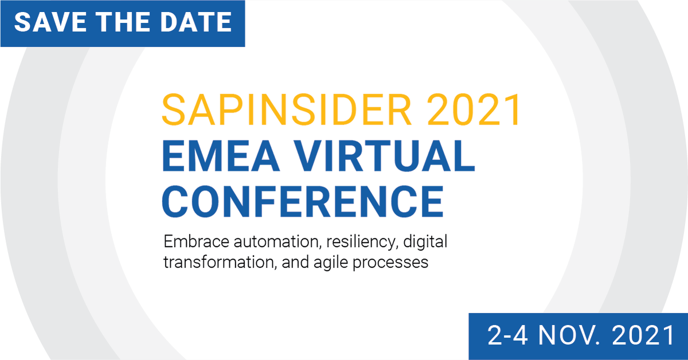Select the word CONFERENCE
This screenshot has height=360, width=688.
303,201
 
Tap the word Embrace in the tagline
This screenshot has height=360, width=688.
196,241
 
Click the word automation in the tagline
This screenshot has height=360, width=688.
276,241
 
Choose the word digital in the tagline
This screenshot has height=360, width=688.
425,241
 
